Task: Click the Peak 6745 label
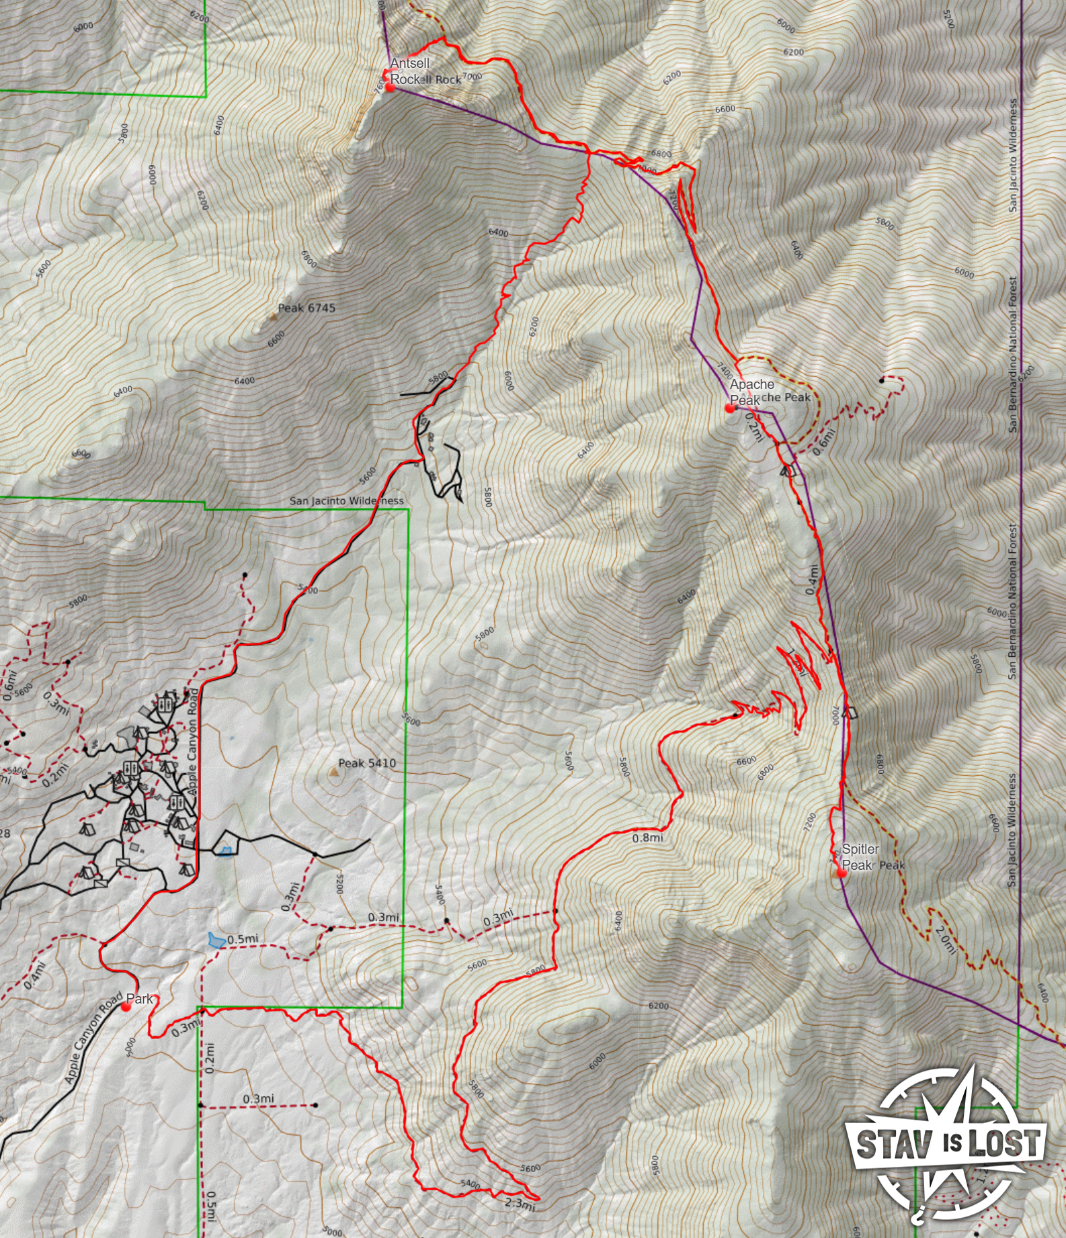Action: pos(306,308)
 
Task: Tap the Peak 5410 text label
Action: pos(367,763)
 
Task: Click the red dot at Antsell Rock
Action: pos(389,87)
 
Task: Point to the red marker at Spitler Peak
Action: pos(841,873)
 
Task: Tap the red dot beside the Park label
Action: pos(126,1006)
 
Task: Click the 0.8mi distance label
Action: pos(647,838)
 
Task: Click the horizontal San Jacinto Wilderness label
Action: pos(347,500)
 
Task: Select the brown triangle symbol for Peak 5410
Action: pos(333,773)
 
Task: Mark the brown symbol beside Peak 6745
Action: pos(274,316)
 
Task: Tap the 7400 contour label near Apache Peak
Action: pos(725,370)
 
